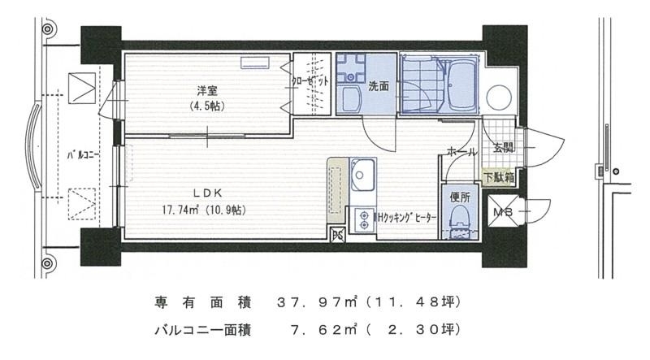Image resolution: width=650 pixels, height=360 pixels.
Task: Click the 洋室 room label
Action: coord(205,90)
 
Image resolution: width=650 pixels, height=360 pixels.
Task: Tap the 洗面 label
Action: coord(378,85)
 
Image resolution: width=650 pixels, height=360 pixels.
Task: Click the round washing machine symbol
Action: coord(497,99)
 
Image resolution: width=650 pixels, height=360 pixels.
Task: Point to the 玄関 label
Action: coord(503,148)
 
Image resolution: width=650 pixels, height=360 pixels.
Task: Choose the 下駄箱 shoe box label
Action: coord(498,176)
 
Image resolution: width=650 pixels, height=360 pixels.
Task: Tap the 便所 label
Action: coord(460,196)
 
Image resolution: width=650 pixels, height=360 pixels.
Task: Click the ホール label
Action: coord(462,151)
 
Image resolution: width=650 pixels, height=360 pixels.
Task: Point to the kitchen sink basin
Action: coord(361,174)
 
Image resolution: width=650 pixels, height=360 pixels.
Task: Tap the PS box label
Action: coord(337,236)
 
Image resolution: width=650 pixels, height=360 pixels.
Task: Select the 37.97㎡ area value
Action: coord(314,302)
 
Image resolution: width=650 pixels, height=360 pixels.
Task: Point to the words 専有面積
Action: coord(197,302)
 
